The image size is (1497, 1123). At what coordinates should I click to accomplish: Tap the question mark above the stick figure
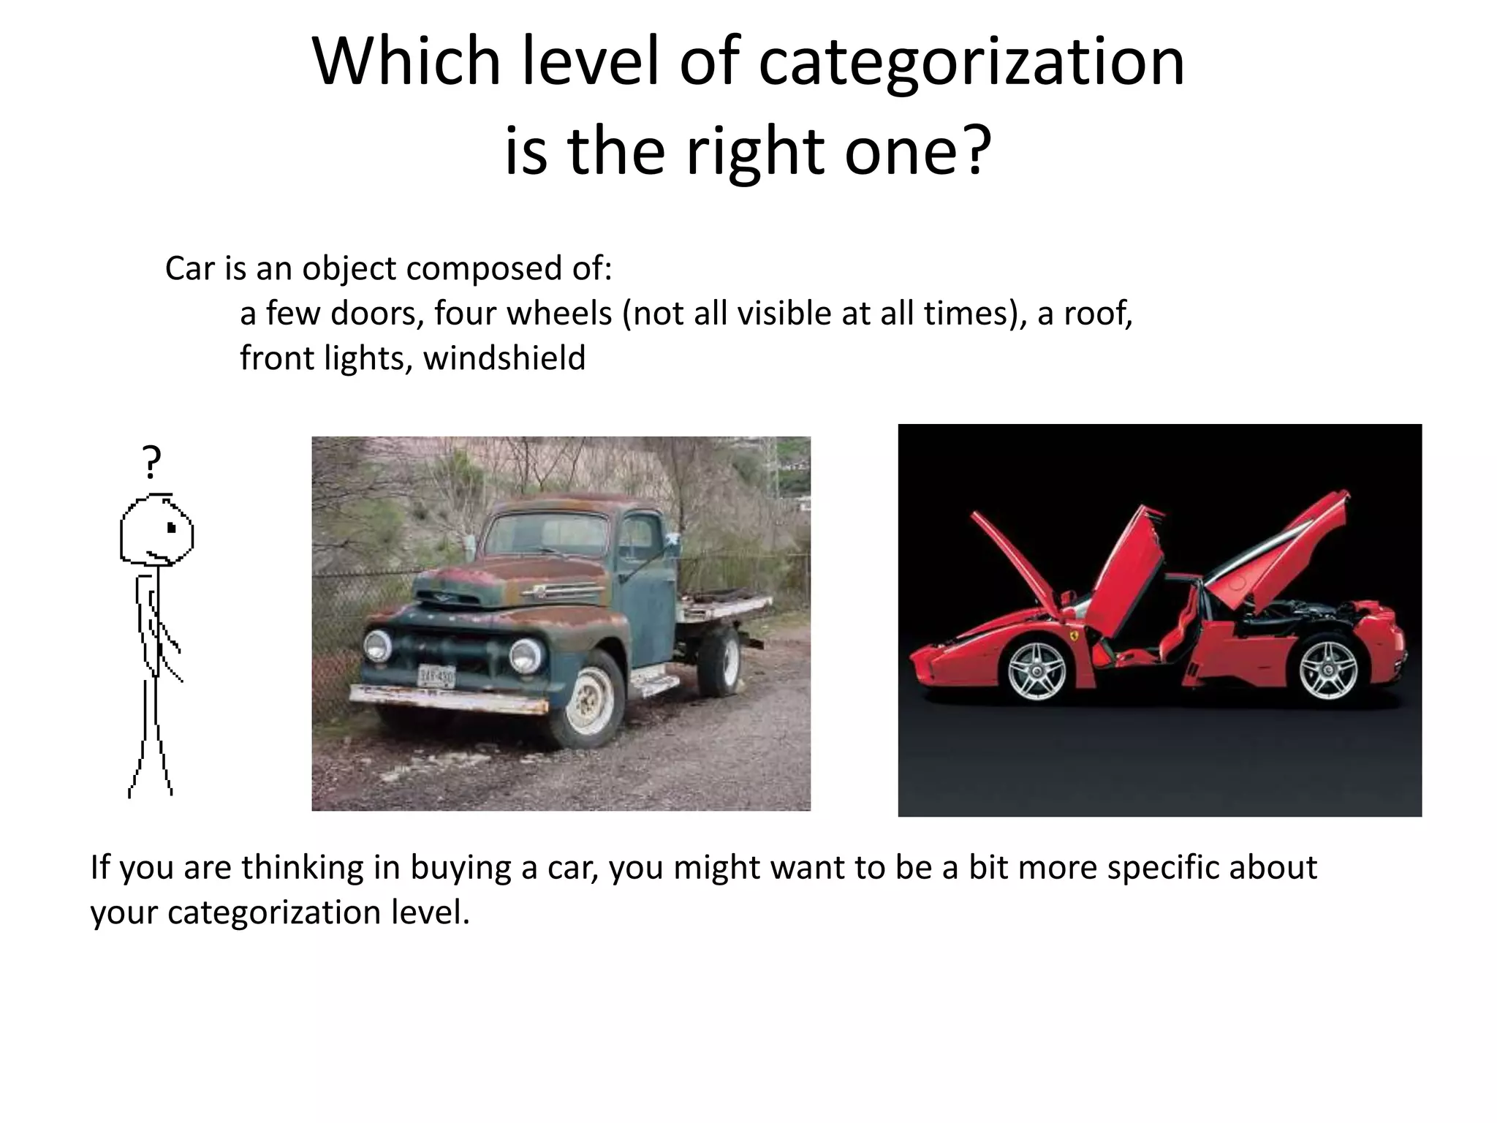click(152, 462)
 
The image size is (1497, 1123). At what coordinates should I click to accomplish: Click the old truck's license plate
click(436, 676)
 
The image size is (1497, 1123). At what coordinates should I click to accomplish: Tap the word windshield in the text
click(504, 358)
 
